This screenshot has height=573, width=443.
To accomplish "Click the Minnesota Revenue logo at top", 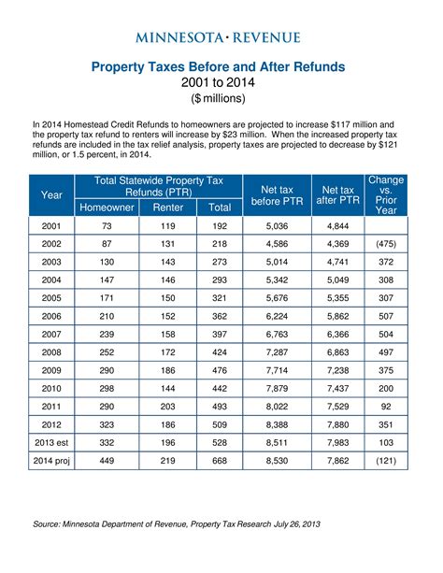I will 218,37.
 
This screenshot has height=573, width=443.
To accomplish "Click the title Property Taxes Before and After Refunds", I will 218,67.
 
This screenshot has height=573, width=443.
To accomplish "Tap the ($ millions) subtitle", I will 218,98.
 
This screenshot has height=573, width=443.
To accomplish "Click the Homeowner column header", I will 107,208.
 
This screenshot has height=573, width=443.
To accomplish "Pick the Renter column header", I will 167,208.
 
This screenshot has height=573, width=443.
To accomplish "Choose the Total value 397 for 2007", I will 220,332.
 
